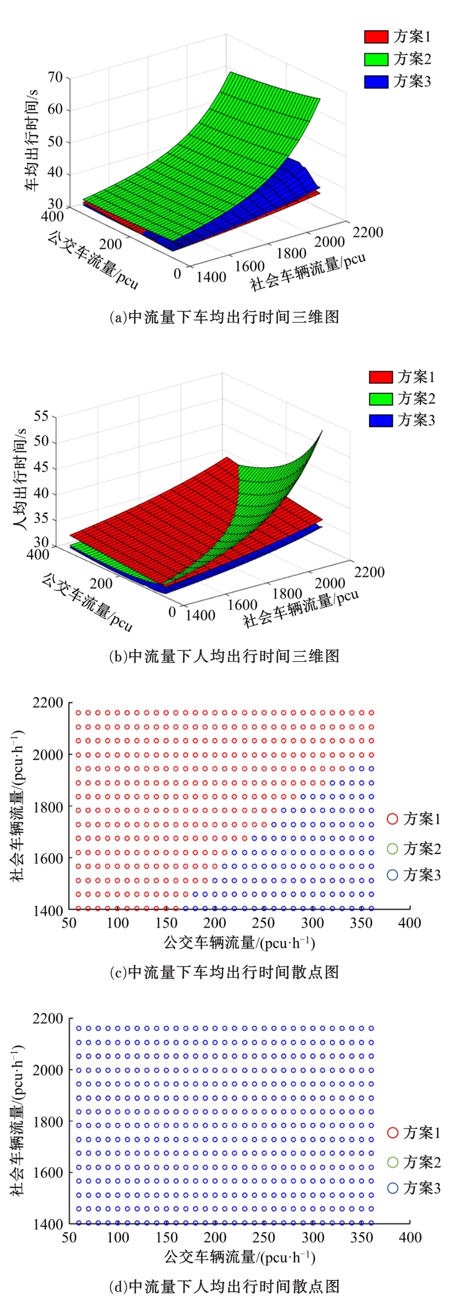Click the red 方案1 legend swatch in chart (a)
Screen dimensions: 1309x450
click(x=376, y=36)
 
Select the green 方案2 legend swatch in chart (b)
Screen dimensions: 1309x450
click(x=381, y=399)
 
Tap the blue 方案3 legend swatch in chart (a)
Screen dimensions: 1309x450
click(x=376, y=81)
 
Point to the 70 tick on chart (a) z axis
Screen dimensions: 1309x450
click(x=55, y=78)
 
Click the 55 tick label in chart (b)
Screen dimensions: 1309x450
click(x=41, y=416)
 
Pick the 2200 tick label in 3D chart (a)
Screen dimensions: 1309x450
click(x=368, y=232)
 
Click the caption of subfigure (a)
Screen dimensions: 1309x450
click(x=224, y=317)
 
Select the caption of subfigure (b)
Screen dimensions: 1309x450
click(x=224, y=656)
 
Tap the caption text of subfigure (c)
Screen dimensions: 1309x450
click(x=224, y=972)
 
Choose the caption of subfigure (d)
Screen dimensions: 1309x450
click(x=224, y=1286)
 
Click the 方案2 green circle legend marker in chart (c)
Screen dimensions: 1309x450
click(x=392, y=848)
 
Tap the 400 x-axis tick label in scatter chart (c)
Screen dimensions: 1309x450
click(x=409, y=922)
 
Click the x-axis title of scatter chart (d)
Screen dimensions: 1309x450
click(x=239, y=1257)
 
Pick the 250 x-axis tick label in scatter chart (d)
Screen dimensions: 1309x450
click(x=263, y=1237)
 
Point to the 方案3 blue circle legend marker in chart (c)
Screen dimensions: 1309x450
click(x=392, y=874)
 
